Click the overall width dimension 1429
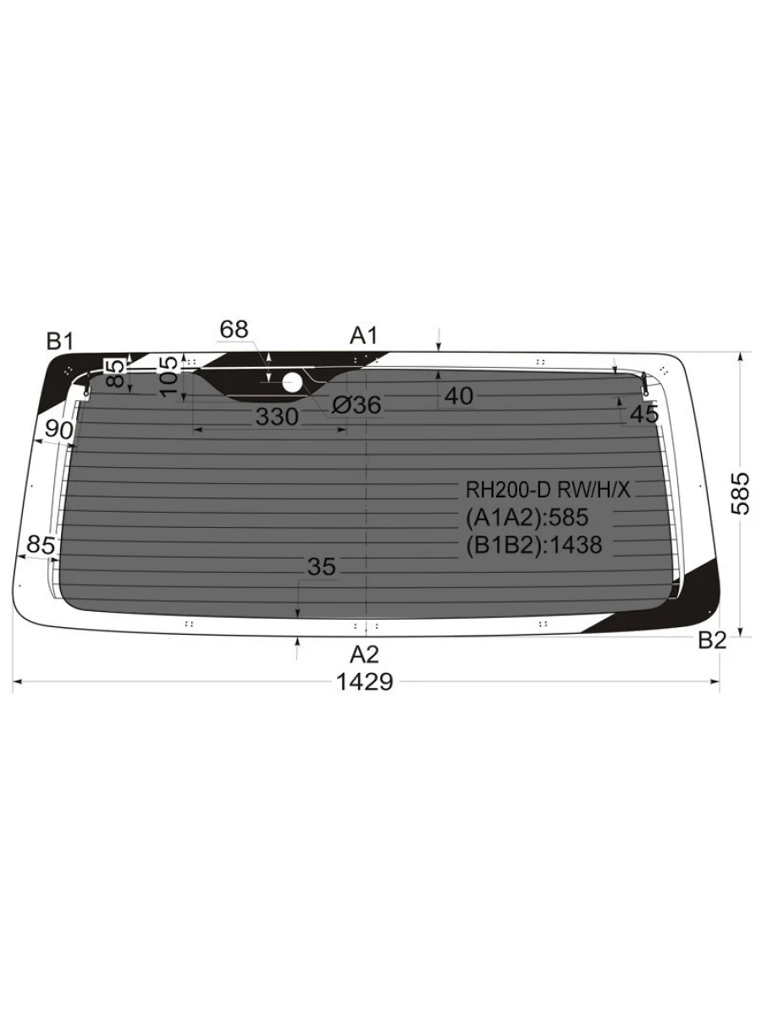point(365,681)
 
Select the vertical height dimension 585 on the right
point(740,493)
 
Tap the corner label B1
point(60,342)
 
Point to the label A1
point(364,336)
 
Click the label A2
point(365,654)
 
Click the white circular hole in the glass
point(292,383)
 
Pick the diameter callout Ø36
point(356,405)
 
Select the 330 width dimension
point(277,417)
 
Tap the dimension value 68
point(235,330)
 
